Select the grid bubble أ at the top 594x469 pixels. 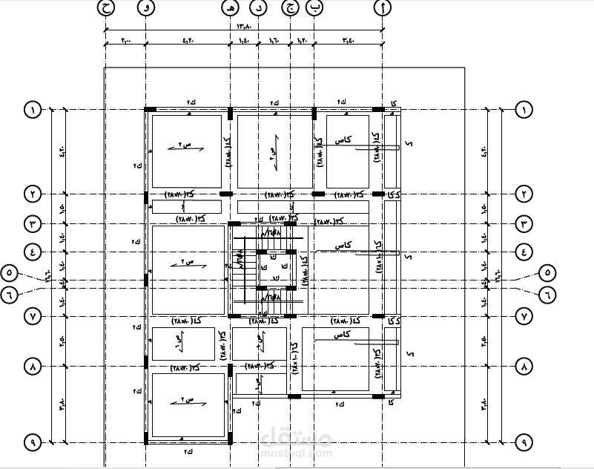click(383, 7)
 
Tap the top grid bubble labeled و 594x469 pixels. click(146, 7)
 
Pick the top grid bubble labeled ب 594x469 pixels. click(315, 7)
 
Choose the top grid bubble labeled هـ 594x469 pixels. click(231, 7)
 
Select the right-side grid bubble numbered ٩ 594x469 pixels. click(524, 442)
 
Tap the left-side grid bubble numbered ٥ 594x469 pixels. click(10, 272)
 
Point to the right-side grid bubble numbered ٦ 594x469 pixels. click(547, 293)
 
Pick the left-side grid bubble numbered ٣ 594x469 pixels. click(33, 223)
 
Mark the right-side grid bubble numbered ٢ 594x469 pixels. click(524, 194)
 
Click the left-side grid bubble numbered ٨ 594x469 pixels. click(33, 367)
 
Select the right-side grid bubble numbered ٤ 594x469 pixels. click(524, 252)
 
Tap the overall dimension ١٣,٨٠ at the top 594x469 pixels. click(244, 26)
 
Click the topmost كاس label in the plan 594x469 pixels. click(343, 140)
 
